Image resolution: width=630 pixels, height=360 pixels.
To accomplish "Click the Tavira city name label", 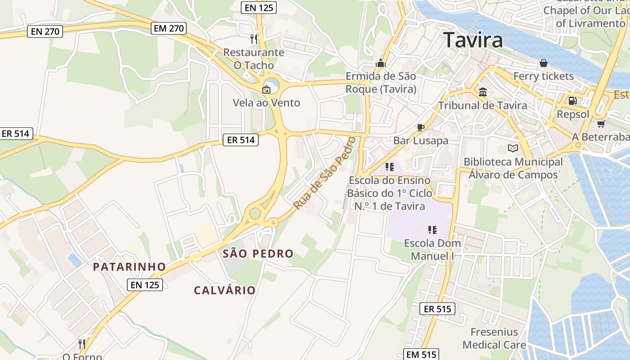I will click(473, 40).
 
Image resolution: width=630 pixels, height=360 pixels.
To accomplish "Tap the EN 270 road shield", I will click(45, 31).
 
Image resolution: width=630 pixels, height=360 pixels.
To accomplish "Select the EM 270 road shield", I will click(169, 28).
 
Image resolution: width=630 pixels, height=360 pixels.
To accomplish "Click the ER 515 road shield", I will click(437, 309).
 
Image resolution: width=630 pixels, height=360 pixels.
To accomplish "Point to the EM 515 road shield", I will click(421, 355).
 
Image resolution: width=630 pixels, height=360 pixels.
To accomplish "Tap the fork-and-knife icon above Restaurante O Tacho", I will click(254, 39).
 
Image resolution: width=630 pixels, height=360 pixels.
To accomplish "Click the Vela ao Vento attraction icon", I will click(266, 90).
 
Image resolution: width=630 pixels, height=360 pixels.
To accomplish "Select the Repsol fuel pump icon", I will click(572, 101).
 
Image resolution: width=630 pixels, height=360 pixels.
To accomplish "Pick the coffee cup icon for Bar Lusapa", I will click(421, 127).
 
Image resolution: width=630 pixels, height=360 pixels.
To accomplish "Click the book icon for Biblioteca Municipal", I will click(513, 148).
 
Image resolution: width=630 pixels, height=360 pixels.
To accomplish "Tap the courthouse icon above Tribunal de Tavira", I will click(483, 92).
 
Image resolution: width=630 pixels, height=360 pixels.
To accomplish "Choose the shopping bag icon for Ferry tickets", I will click(544, 63).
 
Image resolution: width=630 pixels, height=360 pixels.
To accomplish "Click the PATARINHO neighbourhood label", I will click(130, 267).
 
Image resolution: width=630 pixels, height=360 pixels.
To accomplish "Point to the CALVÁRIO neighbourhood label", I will click(225, 290).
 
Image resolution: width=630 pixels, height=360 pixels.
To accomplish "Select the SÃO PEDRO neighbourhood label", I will click(258, 254).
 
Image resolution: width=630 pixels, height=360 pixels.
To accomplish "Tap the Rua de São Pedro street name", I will click(325, 173).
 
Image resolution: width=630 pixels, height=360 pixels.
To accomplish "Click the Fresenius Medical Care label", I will click(494, 338).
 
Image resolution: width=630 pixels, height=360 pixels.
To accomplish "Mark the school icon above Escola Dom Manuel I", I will click(432, 230).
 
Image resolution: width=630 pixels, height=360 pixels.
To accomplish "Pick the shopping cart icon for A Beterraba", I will click(600, 124).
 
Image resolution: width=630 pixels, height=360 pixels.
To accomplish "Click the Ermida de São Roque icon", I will click(381, 63).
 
